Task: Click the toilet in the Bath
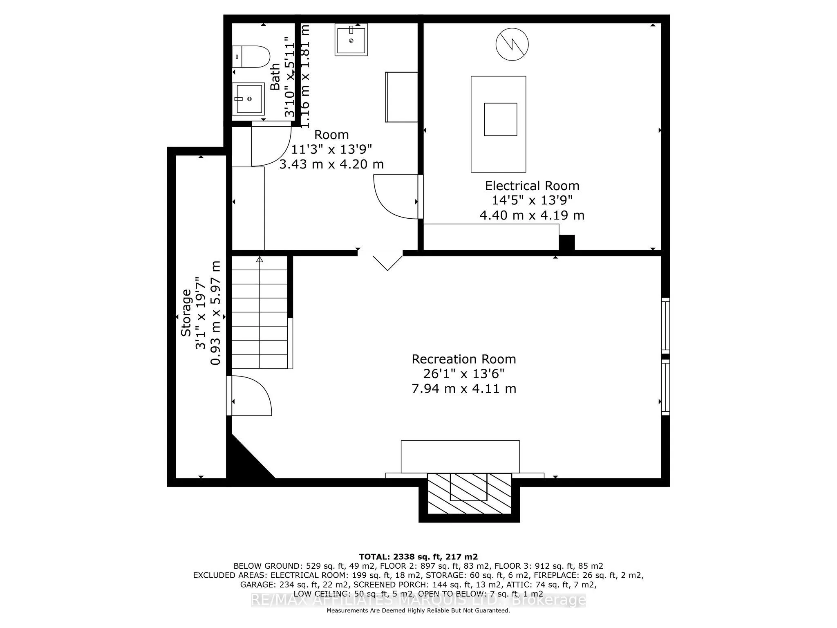pos(252,56)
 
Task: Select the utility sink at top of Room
pos(351,39)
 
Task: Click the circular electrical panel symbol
pos(512,44)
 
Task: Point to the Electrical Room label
pos(532,186)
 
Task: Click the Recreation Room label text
pos(463,359)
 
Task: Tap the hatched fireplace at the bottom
pos(469,493)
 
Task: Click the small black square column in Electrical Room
pos(566,242)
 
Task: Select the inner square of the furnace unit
pos(500,119)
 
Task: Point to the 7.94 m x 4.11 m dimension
pos(463,389)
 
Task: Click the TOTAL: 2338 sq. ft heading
pos(418,556)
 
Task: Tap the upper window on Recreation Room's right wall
pos(665,326)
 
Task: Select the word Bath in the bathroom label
pos(275,76)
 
